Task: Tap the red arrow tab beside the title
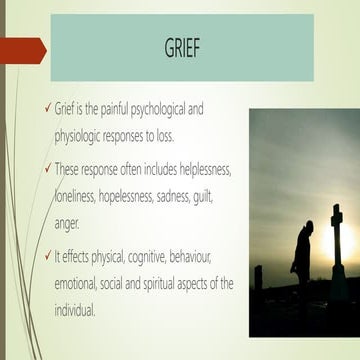tap(22, 49)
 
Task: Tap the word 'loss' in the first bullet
tap(202, 130)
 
